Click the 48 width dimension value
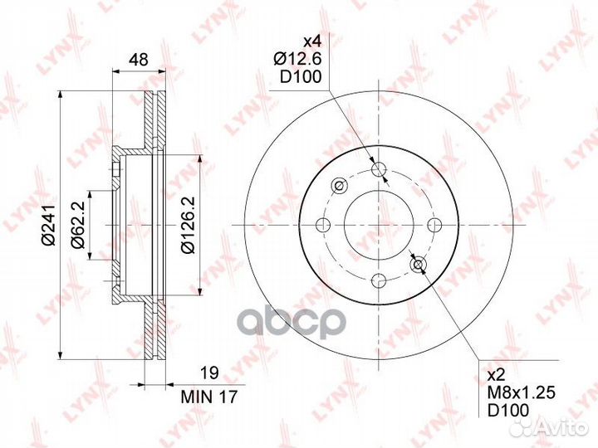[138, 60]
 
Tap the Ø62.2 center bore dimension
[78, 225]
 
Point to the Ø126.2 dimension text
[189, 225]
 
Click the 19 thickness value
[209, 373]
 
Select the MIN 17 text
[209, 397]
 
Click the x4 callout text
[312, 41]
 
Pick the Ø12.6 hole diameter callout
[298, 59]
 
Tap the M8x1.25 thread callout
[522, 392]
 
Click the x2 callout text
[496, 376]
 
